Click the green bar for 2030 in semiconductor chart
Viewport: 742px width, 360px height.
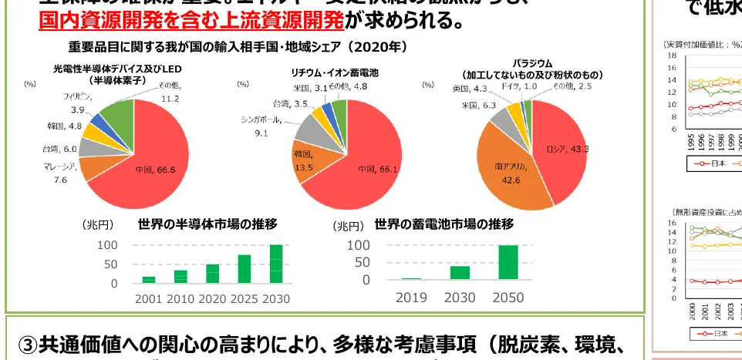275,264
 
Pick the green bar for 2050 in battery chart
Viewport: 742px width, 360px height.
508,262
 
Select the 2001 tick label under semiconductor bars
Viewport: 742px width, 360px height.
148,298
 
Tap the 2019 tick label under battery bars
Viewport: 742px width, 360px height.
411,298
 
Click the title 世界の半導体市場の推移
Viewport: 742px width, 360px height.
207,225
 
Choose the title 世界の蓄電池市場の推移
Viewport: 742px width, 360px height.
444,224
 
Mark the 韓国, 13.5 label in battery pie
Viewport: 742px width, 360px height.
304,160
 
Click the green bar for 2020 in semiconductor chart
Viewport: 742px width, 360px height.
211,274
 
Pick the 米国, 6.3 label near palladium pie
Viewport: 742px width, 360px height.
478,105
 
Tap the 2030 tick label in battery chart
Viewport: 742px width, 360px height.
460,298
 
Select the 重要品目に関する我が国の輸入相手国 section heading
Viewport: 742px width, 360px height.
238,47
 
